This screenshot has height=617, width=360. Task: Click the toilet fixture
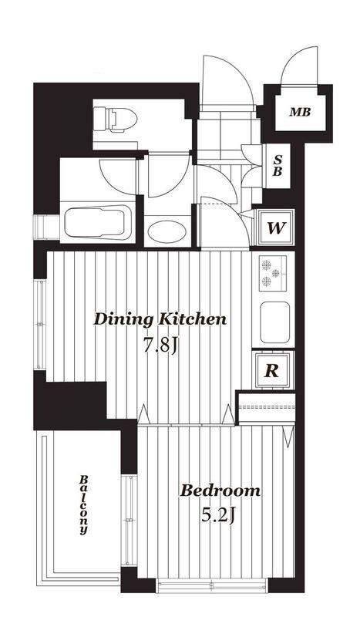pyautogui.click(x=115, y=120)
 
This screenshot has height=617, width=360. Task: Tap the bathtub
pyautogui.click(x=98, y=223)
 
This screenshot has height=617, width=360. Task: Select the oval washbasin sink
pyautogui.click(x=167, y=232)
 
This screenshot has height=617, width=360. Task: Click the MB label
pyautogui.click(x=300, y=112)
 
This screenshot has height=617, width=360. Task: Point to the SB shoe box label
pyautogui.click(x=278, y=165)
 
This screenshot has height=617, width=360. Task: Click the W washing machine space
pyautogui.click(x=275, y=228)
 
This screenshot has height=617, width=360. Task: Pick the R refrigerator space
pyautogui.click(x=273, y=370)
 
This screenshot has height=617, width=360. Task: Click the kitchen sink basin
pyautogui.click(x=274, y=322)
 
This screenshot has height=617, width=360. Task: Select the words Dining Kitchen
pyautogui.click(x=160, y=319)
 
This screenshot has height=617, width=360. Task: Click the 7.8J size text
pyautogui.click(x=161, y=346)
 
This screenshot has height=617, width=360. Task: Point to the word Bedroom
pyautogui.click(x=220, y=491)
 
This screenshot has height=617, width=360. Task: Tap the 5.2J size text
pyautogui.click(x=217, y=514)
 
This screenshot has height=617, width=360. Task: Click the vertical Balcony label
pyautogui.click(x=83, y=505)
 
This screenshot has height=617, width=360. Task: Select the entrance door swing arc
pyautogui.click(x=227, y=81)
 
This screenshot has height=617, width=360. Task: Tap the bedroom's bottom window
pyautogui.click(x=212, y=585)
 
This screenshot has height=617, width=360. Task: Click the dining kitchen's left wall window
pyautogui.click(x=40, y=324)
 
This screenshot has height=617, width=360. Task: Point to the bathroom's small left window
pyautogui.click(x=46, y=227)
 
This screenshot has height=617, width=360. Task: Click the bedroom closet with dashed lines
pyautogui.click(x=267, y=407)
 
